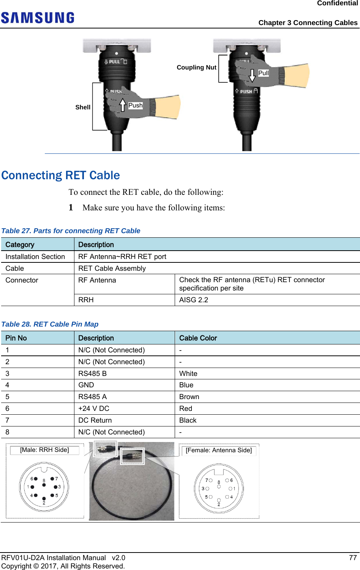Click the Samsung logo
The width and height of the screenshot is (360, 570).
click(x=38, y=18)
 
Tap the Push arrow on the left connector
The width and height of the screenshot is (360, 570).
click(x=123, y=105)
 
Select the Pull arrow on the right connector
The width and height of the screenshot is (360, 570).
click(x=252, y=75)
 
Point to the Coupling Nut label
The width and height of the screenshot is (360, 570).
click(x=196, y=68)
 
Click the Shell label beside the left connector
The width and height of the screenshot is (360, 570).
click(x=83, y=107)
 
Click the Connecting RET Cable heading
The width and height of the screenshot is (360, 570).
click(x=61, y=175)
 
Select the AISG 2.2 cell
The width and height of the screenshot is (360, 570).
click(x=194, y=300)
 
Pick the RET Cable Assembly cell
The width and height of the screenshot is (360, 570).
click(x=112, y=268)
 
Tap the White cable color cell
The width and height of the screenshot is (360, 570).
click(x=188, y=374)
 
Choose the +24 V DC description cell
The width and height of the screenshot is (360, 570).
click(x=94, y=409)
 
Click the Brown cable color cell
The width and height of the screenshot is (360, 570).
click(x=189, y=397)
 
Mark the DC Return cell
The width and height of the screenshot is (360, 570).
click(x=95, y=420)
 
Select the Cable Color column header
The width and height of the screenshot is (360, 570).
click(x=198, y=338)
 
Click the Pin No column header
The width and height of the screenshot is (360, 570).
click(x=16, y=338)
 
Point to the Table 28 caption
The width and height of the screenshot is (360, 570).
click(x=50, y=324)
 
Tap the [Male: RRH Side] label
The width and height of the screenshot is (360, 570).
click(x=44, y=450)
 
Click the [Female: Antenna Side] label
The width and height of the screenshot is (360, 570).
click(x=219, y=450)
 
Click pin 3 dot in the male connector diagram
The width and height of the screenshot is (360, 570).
click(x=55, y=487)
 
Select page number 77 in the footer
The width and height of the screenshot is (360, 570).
click(x=353, y=558)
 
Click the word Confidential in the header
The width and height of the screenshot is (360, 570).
click(x=337, y=3)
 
